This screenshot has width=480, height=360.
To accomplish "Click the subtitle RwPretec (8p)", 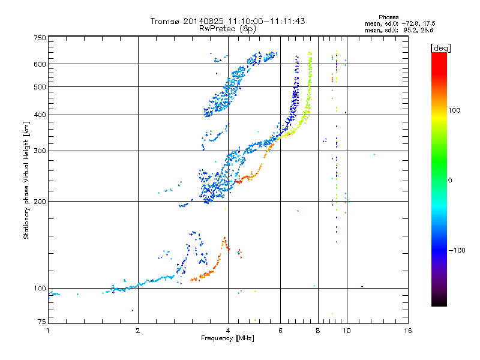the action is [227, 29].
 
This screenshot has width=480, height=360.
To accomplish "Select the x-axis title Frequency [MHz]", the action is [227, 338].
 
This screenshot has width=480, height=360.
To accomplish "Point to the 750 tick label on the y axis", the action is [40, 38].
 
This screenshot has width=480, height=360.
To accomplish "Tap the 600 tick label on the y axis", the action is [40, 64].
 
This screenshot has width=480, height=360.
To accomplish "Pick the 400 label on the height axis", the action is [40, 115].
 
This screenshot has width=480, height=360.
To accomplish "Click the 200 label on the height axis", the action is [40, 202].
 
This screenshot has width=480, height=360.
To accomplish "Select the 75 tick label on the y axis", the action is [42, 322].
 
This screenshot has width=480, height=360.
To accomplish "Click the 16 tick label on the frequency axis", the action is [408, 331].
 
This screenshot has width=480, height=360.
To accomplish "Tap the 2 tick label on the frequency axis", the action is [138, 331].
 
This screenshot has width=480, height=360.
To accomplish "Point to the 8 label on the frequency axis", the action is [318, 331].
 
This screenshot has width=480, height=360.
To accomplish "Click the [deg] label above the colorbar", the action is [440, 49].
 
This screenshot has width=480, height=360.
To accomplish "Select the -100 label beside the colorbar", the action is [457, 250].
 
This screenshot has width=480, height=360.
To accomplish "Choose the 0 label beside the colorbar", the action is [450, 180].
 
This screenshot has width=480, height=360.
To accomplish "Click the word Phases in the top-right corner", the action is [388, 17].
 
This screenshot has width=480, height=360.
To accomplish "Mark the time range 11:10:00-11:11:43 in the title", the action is [266, 21].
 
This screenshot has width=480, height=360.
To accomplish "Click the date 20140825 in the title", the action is [203, 21].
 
